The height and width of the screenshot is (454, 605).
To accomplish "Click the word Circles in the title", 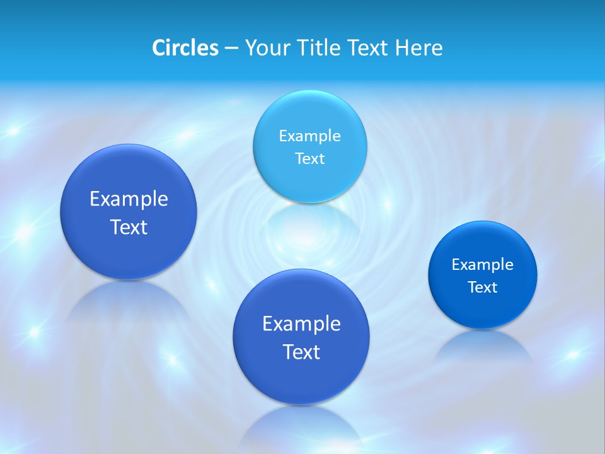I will click(x=185, y=48).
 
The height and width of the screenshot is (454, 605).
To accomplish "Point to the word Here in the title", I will click(x=418, y=48).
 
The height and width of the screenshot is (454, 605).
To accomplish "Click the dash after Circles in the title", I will click(x=231, y=49).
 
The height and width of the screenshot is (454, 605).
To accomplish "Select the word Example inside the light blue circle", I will click(x=309, y=136).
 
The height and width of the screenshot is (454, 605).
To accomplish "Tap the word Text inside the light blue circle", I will click(x=309, y=158).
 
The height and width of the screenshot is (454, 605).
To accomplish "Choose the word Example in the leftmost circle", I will click(x=129, y=199).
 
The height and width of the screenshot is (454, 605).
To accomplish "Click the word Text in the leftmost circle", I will click(x=129, y=227).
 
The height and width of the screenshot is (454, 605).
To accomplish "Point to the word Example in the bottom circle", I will click(x=301, y=323).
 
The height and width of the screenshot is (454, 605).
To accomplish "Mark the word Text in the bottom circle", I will click(x=301, y=352).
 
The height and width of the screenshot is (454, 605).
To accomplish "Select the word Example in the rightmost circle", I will click(x=482, y=264).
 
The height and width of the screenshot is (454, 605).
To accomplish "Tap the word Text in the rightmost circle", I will click(x=482, y=287).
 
